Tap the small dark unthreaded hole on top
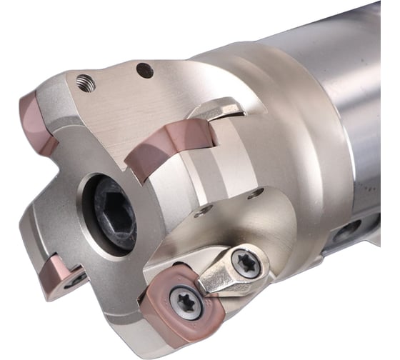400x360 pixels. click(x=144, y=70)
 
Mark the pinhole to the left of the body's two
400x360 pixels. click(x=206, y=210)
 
